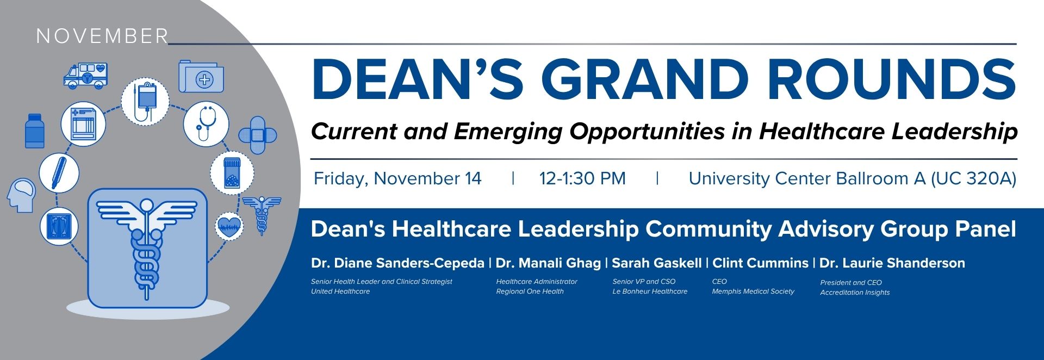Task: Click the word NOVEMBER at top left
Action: pyautogui.click(x=102, y=36)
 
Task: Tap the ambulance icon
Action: pyautogui.click(x=85, y=75)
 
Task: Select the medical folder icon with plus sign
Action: pyautogui.click(x=201, y=77)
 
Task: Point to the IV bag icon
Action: pyautogui.click(x=145, y=102)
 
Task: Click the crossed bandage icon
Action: pyautogui.click(x=258, y=134)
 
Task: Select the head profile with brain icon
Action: pyautogui.click(x=21, y=195)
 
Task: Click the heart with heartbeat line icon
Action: pyautogui.click(x=229, y=225)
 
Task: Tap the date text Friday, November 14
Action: pyautogui.click(x=397, y=178)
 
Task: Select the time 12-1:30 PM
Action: pyautogui.click(x=582, y=178)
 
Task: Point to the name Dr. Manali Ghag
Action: pyautogui.click(x=548, y=263)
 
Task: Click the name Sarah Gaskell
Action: pyautogui.click(x=657, y=263)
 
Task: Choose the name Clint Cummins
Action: pyautogui.click(x=760, y=263)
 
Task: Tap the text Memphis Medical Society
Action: pyautogui.click(x=753, y=291)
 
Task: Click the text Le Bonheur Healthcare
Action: pyautogui.click(x=650, y=291)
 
